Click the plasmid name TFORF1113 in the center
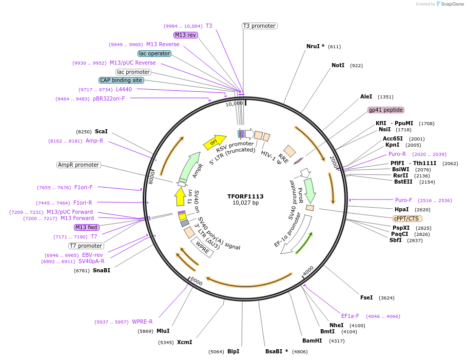pos(245,196)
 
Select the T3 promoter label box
pos(259,26)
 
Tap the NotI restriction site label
pos(338,66)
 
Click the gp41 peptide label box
pos(386,110)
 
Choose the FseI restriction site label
pos(366,297)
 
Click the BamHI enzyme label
pos(312,341)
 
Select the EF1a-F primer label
pos(351,316)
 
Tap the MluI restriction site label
pos(163,331)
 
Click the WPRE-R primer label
pos(142,322)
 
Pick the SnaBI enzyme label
pos(102,270)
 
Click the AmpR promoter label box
pos(79,165)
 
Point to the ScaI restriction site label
pos(101,132)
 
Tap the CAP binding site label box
pos(122,80)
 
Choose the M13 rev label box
pos(185,35)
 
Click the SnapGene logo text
pos(450,4)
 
